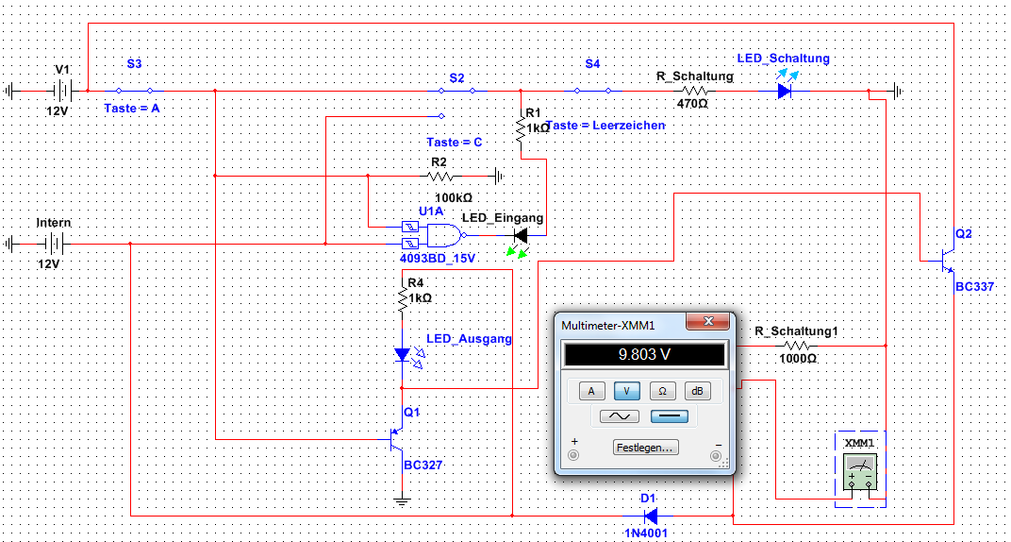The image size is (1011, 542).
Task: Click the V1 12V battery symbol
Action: pos(63,91)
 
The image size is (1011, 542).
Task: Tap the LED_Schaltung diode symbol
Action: pos(785,91)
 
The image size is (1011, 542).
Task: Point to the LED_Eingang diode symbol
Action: pos(520,234)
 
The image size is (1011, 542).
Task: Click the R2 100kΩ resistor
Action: pos(440,176)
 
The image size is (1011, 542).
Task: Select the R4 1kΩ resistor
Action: pos(403,297)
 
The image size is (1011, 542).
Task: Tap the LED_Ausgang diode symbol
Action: pos(403,356)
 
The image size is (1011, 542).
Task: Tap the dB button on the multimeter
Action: pos(698,391)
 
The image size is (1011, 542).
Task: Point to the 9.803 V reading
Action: pos(644,356)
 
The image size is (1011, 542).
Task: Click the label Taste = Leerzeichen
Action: pos(605,125)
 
